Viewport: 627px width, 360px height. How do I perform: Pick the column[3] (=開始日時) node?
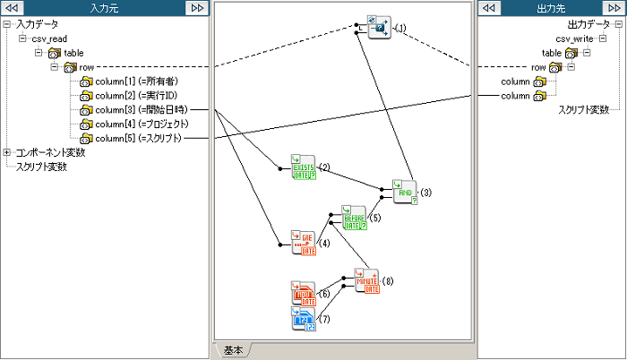click(142, 109)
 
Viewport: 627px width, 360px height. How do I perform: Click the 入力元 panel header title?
click(104, 8)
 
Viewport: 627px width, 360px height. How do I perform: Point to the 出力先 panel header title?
click(550, 8)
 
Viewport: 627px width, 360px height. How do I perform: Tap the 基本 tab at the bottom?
click(233, 349)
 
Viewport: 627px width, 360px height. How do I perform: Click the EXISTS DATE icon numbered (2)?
click(304, 167)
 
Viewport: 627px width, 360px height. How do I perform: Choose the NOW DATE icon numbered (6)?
click(304, 294)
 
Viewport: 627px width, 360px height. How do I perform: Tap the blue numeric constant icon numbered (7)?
click(304, 318)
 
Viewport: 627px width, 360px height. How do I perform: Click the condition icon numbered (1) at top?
click(380, 28)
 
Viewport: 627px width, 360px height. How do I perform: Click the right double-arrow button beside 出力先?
click(614, 8)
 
